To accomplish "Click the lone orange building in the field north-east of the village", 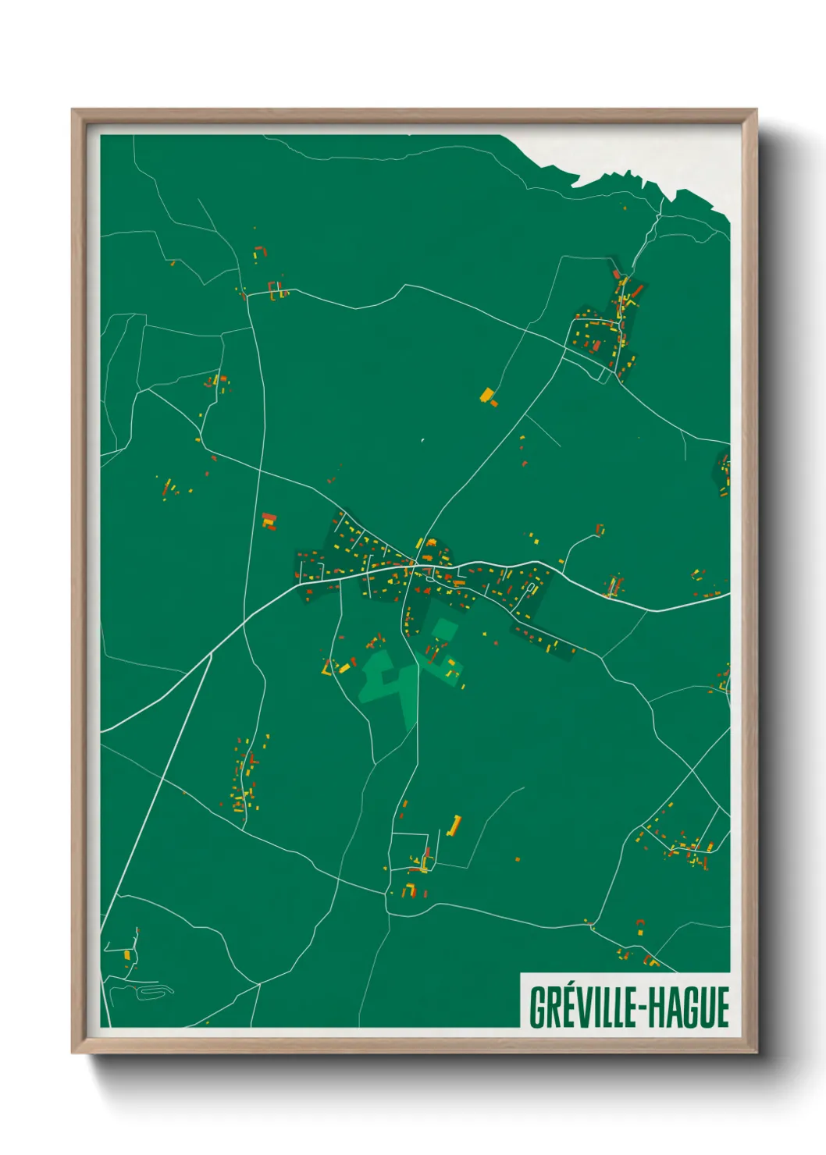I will click(x=488, y=396).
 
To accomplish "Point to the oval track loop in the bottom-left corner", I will click(x=156, y=990).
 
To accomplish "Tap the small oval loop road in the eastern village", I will click(x=532, y=586).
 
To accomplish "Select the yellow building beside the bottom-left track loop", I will click(x=126, y=954).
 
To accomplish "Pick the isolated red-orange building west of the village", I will click(x=269, y=521).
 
